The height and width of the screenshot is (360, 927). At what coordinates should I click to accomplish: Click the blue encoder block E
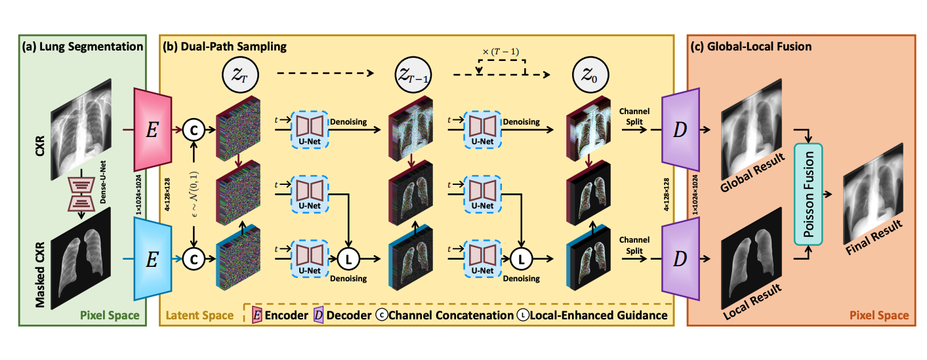click(152, 258)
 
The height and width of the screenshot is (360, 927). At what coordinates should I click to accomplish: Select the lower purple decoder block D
click(682, 258)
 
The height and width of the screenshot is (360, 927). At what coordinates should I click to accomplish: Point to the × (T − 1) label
click(501, 52)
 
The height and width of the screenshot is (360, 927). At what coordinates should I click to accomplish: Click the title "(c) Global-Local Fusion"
click(751, 47)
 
